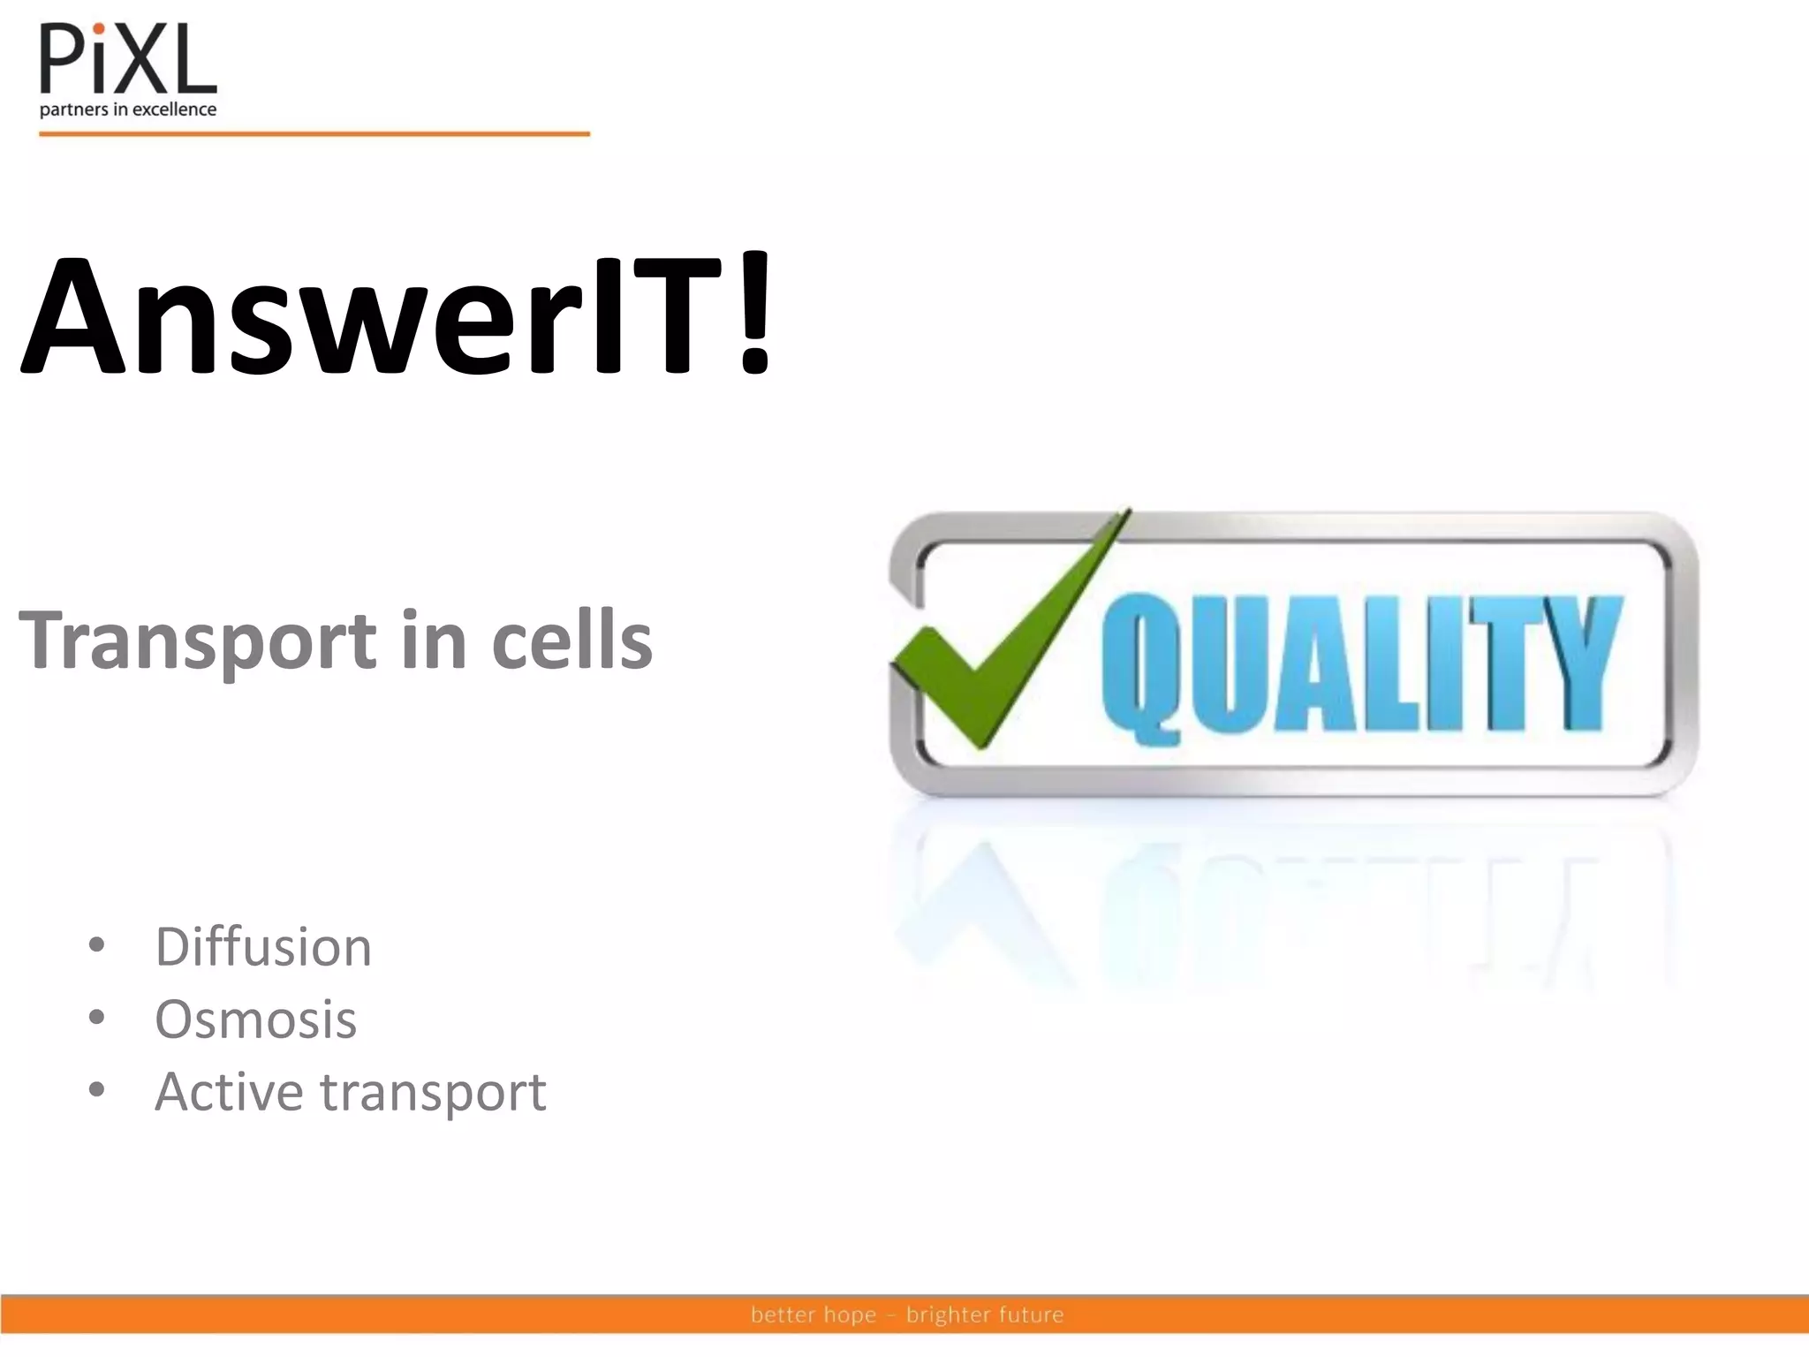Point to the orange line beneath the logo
[x=314, y=134]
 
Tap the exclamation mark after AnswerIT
[x=753, y=314]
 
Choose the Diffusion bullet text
[x=263, y=947]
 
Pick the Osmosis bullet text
[x=255, y=1020]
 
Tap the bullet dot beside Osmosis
[x=96, y=1018]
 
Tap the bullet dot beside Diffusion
[x=96, y=945]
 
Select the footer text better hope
[x=813, y=1315]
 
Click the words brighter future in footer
[x=984, y=1315]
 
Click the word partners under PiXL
[x=73, y=110]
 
